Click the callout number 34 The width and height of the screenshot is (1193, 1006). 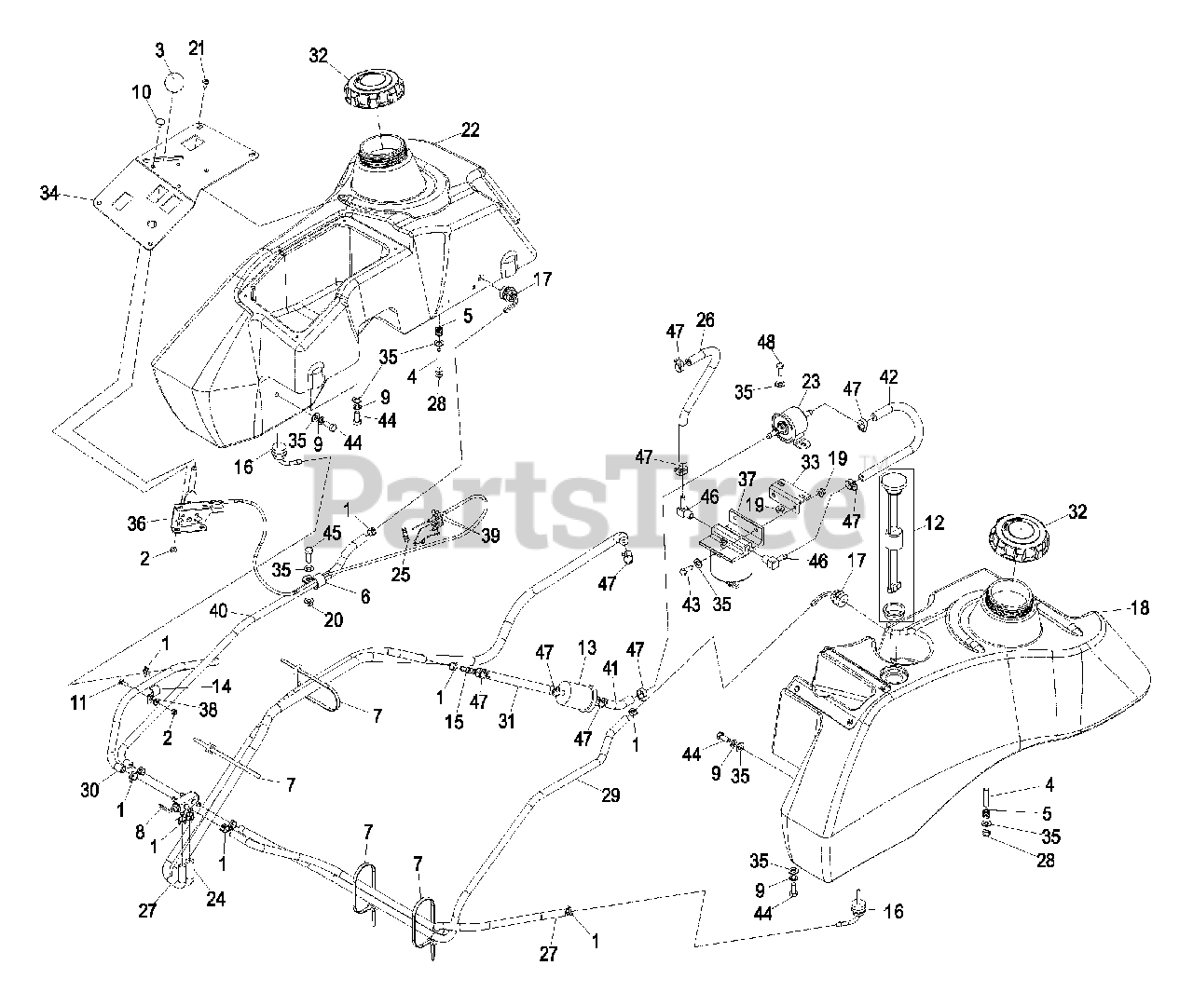(x=48, y=193)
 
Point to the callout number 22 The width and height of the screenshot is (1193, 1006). (x=470, y=130)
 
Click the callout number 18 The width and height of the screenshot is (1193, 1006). (x=1140, y=608)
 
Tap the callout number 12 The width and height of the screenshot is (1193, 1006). (x=934, y=523)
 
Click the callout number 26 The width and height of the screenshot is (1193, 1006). (x=706, y=320)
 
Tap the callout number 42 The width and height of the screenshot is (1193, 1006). (x=889, y=377)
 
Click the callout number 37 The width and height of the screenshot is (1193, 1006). (x=747, y=479)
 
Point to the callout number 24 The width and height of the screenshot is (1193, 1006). (x=217, y=900)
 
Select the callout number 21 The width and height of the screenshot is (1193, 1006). (x=196, y=48)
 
